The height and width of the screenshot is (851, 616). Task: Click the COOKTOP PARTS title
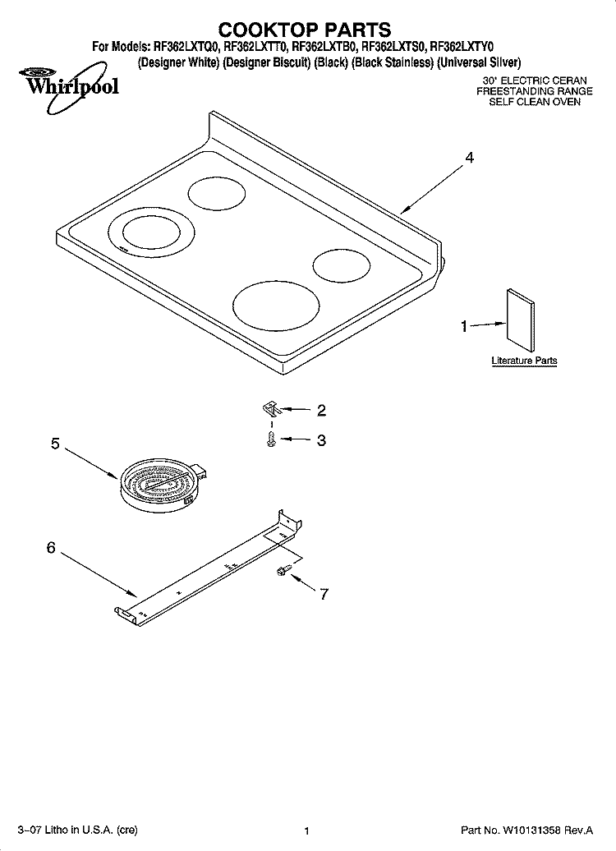coord(304,30)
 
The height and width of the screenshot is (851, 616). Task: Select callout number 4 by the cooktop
coord(470,158)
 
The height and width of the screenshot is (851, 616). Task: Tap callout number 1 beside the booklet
coord(464,326)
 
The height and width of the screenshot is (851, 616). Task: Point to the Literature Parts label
coord(524,361)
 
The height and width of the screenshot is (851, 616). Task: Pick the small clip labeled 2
coord(269,408)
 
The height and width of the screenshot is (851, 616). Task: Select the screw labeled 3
coord(272,439)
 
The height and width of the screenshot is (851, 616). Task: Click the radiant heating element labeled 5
coord(161,485)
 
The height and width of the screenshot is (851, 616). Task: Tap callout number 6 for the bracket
coord(51,548)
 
